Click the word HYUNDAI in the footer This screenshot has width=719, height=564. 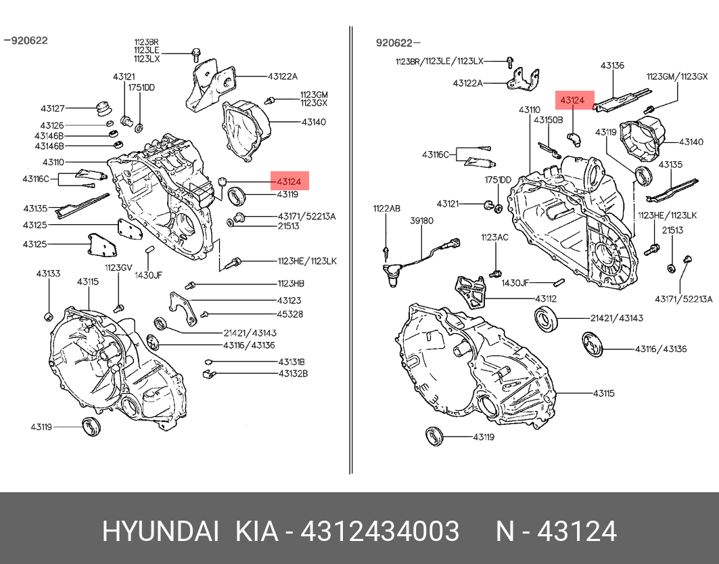[160, 532]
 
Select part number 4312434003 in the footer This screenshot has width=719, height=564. [379, 532]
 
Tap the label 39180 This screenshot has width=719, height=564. [422, 221]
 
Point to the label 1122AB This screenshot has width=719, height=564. [386, 209]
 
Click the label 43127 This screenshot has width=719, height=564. [52, 108]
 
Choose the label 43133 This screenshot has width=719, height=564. [48, 274]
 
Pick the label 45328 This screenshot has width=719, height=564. [289, 314]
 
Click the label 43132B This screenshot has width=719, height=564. [292, 373]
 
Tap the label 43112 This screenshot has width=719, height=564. [546, 299]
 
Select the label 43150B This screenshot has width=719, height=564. [548, 120]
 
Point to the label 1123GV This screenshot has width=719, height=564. [118, 267]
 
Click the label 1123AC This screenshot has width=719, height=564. [494, 237]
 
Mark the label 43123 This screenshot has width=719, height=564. [289, 300]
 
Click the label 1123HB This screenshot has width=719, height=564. [290, 284]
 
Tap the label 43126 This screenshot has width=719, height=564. [51, 125]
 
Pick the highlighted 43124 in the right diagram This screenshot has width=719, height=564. [572, 100]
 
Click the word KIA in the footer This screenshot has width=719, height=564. [256, 532]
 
